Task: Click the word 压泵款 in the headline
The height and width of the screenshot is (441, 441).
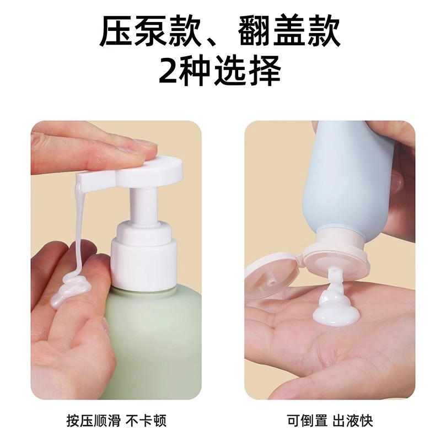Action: click(150, 31)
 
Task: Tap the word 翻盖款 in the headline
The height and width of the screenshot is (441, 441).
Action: click(289, 31)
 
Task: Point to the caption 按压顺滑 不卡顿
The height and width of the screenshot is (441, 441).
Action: click(116, 421)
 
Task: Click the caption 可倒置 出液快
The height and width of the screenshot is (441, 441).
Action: click(330, 421)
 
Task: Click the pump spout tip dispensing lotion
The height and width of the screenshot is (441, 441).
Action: click(80, 180)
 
